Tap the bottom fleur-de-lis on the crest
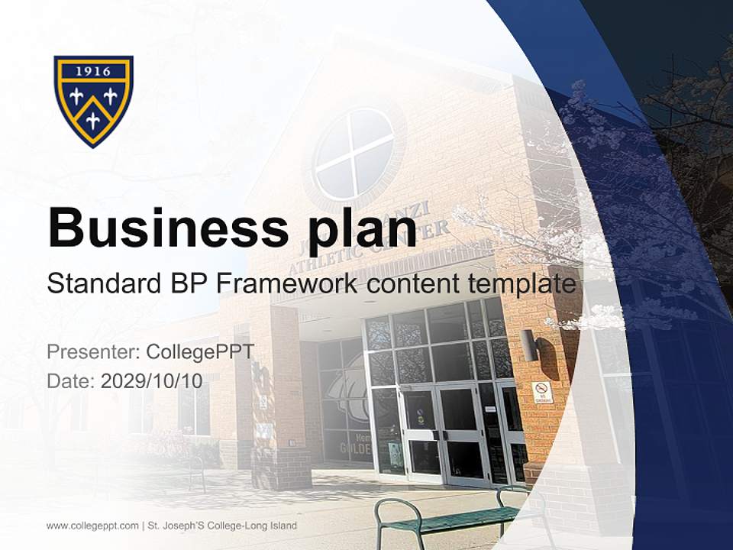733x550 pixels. [x=93, y=119]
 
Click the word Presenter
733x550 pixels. [x=91, y=352]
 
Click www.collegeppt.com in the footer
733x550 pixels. [x=92, y=526]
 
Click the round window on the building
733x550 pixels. [x=354, y=154]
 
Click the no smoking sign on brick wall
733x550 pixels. [x=541, y=392]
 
